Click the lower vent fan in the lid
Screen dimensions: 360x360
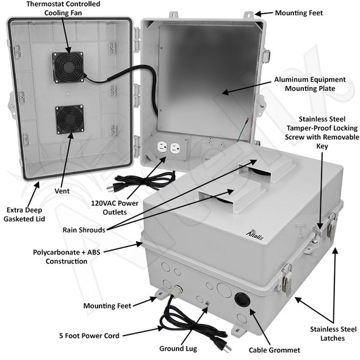(x=69, y=120)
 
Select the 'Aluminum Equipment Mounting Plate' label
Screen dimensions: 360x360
(x=309, y=84)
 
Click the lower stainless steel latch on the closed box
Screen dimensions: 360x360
(x=287, y=279)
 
